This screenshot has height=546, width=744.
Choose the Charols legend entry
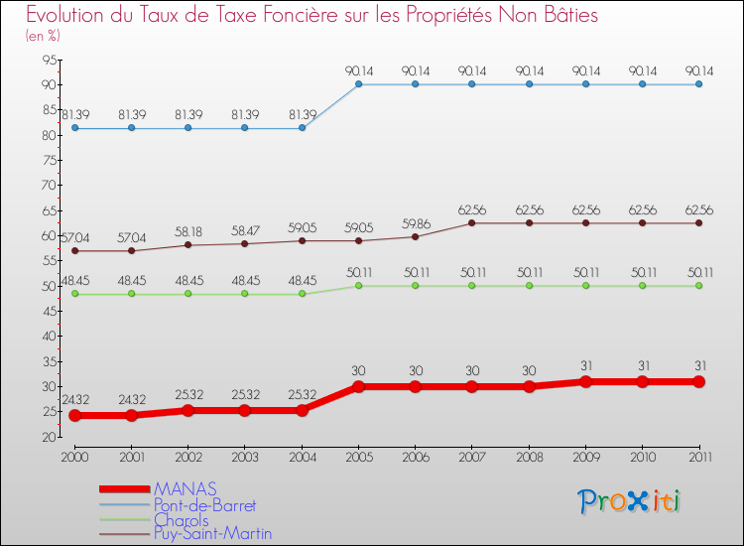point(181,520)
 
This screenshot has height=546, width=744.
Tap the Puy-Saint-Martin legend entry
point(212,534)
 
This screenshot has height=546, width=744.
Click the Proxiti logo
point(630,501)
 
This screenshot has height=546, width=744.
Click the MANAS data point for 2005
point(358,387)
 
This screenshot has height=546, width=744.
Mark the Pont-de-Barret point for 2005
point(358,84)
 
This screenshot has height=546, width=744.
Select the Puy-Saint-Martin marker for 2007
point(472,222)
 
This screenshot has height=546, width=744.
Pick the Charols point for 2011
point(699,286)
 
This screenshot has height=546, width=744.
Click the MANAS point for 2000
point(74,415)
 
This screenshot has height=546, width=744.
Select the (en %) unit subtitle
point(43,36)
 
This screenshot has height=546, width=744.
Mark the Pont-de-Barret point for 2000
point(74,128)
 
